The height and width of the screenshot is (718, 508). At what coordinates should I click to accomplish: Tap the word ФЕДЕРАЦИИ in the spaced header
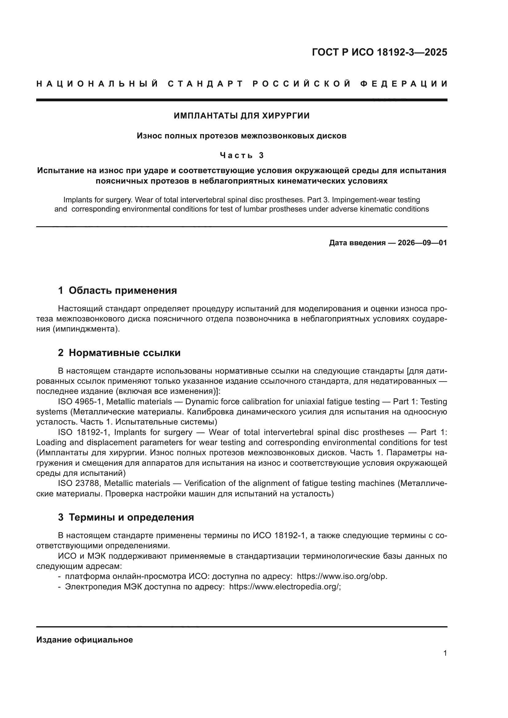(x=404, y=84)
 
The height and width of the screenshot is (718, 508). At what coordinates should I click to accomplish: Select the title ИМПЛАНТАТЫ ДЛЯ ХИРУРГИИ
(x=241, y=116)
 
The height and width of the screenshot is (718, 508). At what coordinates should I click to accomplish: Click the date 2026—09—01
(x=422, y=243)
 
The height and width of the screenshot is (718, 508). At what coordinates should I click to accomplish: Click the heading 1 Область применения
(x=117, y=290)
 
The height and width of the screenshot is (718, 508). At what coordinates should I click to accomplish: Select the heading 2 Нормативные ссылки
(x=119, y=353)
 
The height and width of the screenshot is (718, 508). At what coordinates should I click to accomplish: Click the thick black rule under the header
(x=241, y=100)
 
